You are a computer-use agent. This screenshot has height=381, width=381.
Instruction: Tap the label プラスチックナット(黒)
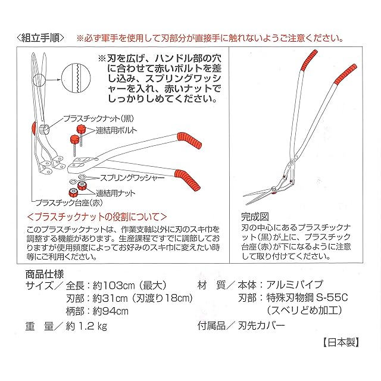pos(99,118)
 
